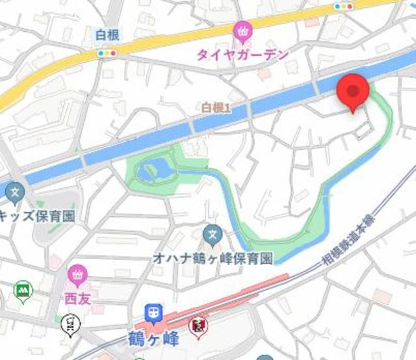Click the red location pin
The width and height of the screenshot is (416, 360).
pyautogui.click(x=353, y=92)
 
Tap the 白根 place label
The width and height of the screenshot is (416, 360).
pyautogui.click(x=106, y=36)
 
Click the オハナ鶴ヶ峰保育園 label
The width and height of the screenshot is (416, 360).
pyautogui.click(x=212, y=257)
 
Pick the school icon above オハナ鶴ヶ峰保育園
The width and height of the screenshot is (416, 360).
pyautogui.click(x=212, y=233)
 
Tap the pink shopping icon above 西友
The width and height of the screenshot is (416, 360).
pyautogui.click(x=77, y=275)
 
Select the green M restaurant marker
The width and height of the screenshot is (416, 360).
pyautogui.click(x=23, y=290)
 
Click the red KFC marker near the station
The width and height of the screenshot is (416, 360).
pyautogui.click(x=197, y=324)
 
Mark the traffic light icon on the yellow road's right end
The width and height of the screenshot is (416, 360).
pyautogui.click(x=344, y=6)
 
